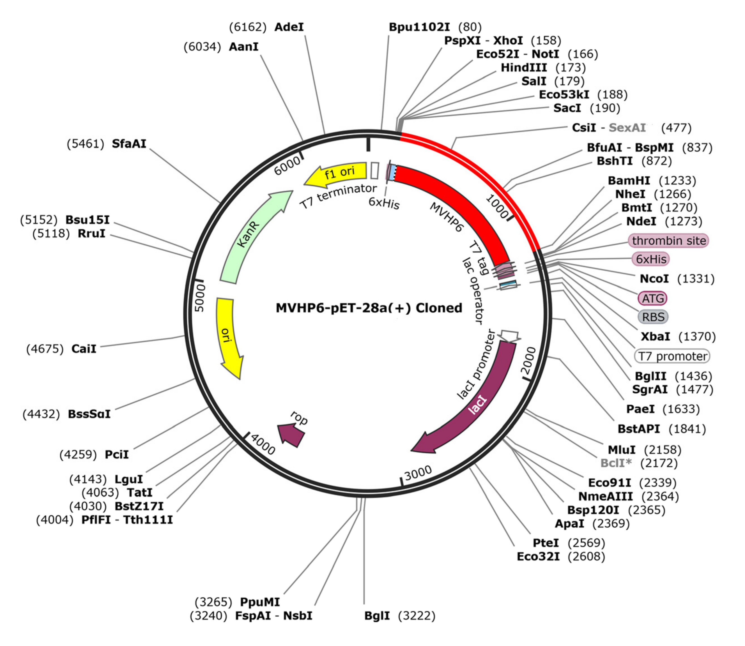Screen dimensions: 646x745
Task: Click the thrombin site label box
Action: (x=668, y=241)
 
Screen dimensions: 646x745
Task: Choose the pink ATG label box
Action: (x=652, y=298)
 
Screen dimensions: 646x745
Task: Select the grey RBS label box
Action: (x=653, y=317)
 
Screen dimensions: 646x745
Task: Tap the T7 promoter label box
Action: (x=672, y=356)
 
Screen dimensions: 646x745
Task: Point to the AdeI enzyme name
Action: (x=289, y=27)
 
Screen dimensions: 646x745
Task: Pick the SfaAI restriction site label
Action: (x=129, y=144)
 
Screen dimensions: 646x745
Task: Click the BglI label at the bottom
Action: (x=377, y=615)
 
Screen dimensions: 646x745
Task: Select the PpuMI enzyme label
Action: (x=260, y=602)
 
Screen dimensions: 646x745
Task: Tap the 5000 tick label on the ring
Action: (x=199, y=298)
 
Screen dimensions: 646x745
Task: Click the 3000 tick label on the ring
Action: (x=418, y=473)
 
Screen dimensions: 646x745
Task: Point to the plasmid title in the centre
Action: (x=369, y=308)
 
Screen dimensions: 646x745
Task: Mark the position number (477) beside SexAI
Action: (x=676, y=128)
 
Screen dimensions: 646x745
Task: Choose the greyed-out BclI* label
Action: (x=616, y=463)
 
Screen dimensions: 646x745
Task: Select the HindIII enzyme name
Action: (x=524, y=67)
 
